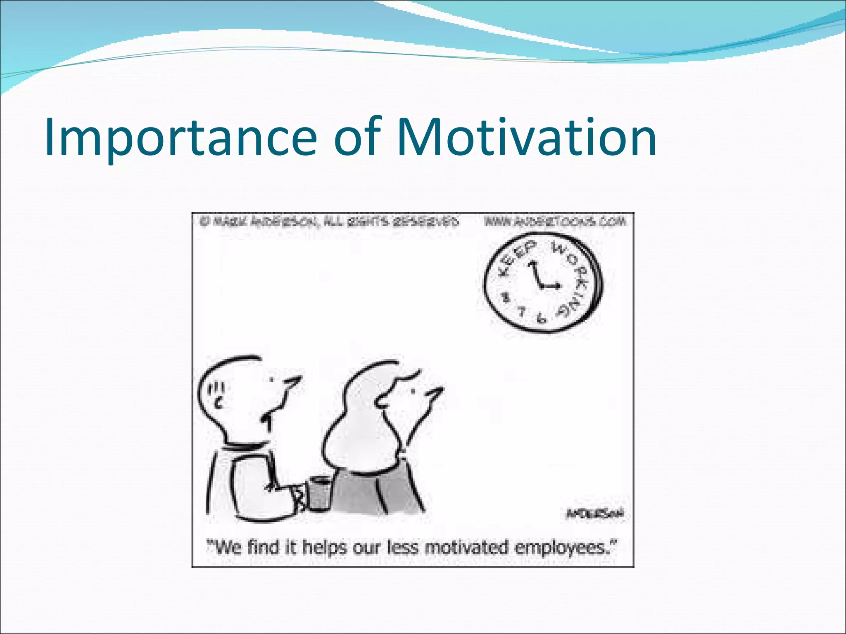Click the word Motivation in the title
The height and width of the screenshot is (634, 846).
pyautogui.click(x=526, y=137)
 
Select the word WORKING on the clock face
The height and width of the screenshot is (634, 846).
pyautogui.click(x=577, y=281)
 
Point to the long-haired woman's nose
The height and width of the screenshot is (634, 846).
pyautogui.click(x=436, y=393)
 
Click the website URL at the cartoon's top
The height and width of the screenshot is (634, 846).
pyautogui.click(x=555, y=222)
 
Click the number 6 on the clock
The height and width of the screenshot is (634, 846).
pyautogui.click(x=540, y=317)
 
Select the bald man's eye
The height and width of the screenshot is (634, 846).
pyautogui.click(x=272, y=379)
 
